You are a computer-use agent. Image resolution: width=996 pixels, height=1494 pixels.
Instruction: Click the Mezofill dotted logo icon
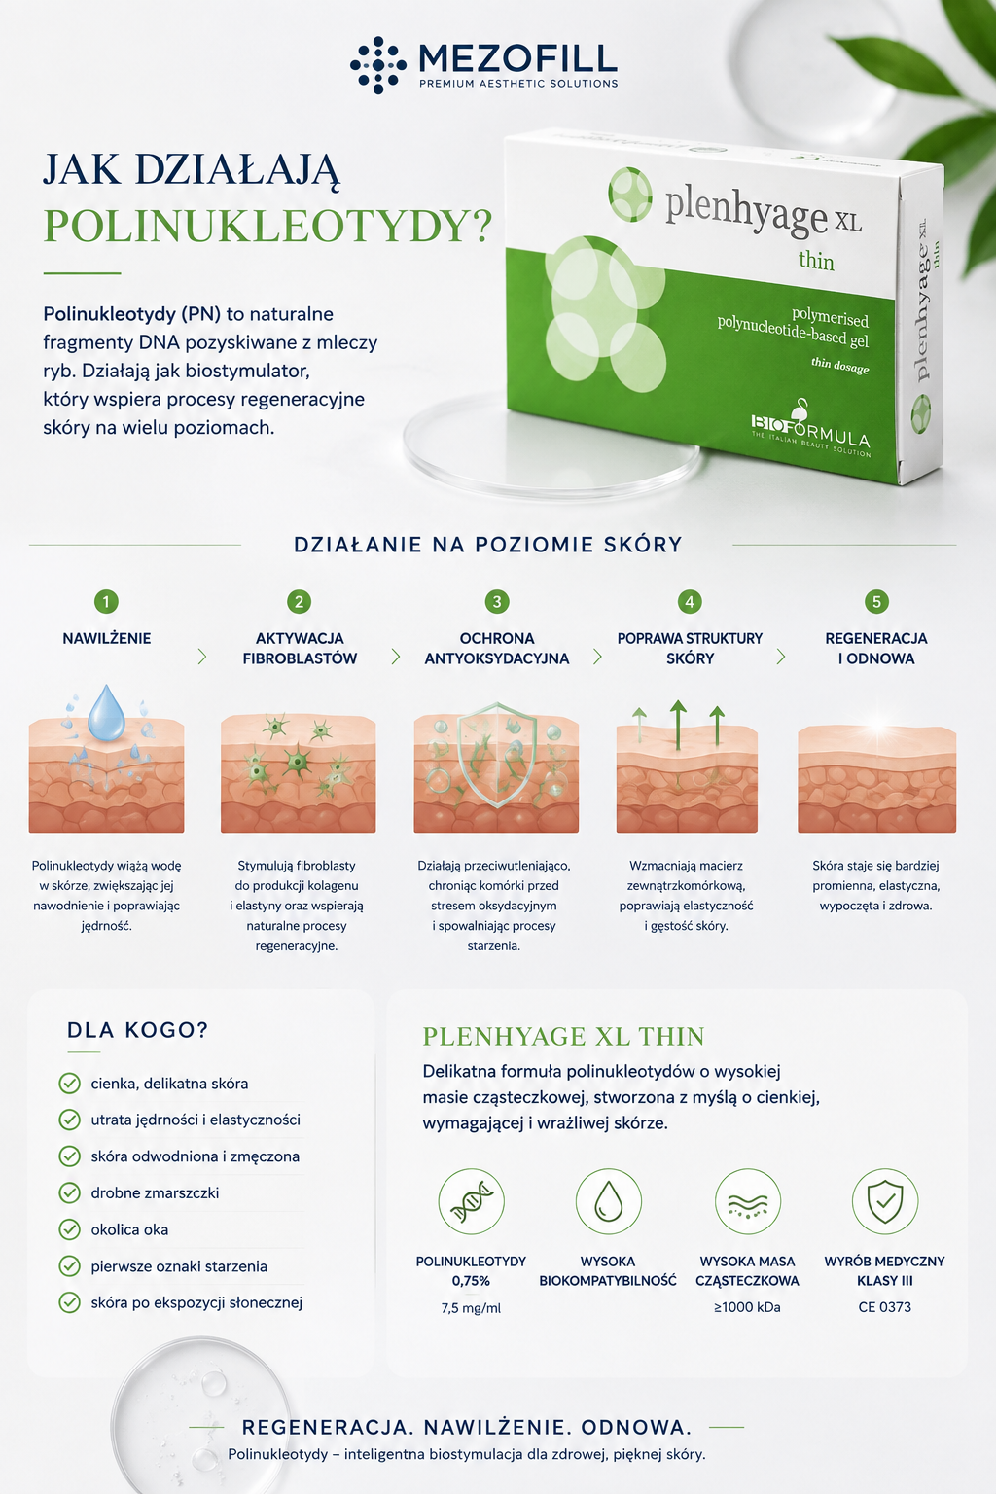(378, 65)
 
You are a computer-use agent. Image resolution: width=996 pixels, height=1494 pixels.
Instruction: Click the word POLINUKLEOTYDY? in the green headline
(267, 226)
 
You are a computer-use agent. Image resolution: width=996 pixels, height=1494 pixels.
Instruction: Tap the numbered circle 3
(497, 602)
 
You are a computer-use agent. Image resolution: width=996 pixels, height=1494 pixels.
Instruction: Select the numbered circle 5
(876, 602)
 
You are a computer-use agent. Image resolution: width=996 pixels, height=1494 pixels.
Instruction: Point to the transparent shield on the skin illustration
(498, 755)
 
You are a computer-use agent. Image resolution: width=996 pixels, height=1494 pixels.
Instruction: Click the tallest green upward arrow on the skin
(678, 725)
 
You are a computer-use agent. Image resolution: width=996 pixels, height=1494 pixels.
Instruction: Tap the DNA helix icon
(472, 1201)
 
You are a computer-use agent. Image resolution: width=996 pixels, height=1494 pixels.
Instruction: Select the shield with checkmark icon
(885, 1201)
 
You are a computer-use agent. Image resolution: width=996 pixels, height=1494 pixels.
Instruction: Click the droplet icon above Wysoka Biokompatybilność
(609, 1201)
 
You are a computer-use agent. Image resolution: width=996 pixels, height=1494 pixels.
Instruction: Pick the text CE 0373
(884, 1307)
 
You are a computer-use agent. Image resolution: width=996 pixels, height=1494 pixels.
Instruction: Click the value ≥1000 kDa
(747, 1307)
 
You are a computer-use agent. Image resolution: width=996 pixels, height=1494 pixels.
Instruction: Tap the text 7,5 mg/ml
(471, 1308)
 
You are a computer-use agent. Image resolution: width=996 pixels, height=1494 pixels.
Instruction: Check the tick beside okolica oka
(69, 1229)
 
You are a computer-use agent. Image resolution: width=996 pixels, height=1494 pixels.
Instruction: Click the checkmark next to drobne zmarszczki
(69, 1192)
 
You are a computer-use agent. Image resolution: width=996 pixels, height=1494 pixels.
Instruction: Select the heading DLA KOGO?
(138, 1030)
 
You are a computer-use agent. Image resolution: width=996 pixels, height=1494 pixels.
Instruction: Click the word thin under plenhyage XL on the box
(817, 260)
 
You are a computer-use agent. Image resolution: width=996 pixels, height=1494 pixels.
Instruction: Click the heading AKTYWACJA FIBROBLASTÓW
(300, 649)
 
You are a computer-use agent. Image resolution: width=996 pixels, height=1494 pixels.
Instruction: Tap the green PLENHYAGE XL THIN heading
(564, 1037)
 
